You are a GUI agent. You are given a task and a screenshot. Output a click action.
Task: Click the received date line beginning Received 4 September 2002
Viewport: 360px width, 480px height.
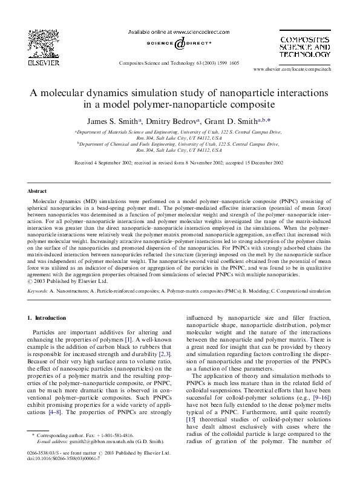coord(179,163)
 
